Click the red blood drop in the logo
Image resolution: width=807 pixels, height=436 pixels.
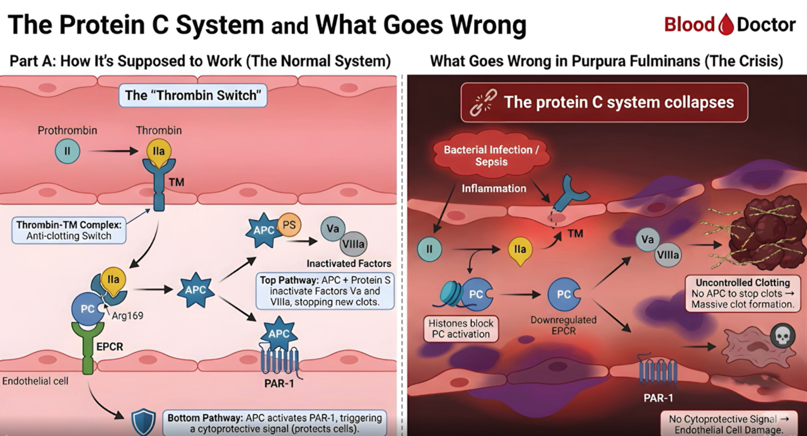725,25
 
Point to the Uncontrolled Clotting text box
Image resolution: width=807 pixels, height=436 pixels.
742,293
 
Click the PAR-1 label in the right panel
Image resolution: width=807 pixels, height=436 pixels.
658,398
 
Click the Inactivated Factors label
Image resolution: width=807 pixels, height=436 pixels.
349,263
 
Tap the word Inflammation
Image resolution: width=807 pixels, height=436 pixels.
494,188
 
